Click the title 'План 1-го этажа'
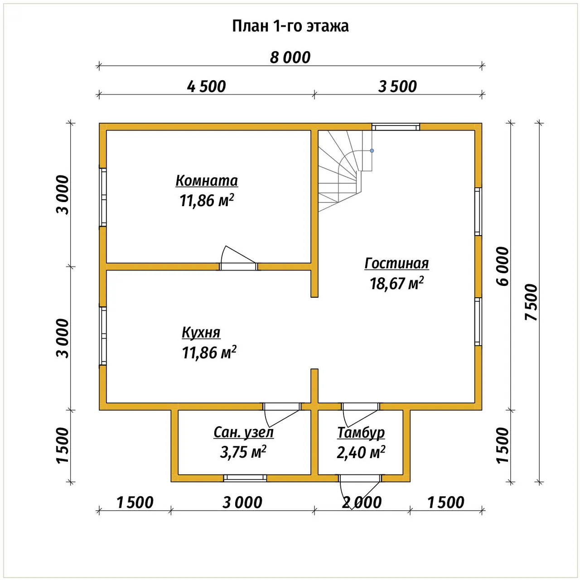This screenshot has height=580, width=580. (290, 26)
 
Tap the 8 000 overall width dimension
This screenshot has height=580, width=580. (290, 58)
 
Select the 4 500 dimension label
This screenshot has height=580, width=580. (206, 87)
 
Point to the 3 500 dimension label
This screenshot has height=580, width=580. (397, 87)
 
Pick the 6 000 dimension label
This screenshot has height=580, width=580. (503, 266)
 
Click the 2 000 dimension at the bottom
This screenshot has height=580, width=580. (362, 503)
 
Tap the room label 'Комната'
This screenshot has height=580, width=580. (207, 181)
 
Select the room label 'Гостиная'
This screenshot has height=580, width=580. (396, 263)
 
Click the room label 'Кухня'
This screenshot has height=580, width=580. (201, 333)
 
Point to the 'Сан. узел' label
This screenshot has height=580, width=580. (243, 433)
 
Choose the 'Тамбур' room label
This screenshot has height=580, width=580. (361, 433)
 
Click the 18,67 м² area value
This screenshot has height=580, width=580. (396, 283)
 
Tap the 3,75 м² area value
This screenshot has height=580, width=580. (243, 452)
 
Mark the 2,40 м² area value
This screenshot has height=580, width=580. (361, 452)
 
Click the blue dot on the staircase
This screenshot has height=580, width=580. (372, 150)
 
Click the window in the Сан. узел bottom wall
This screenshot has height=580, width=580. (245, 478)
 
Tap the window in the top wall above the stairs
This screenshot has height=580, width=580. (396, 127)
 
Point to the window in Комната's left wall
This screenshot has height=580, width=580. (103, 197)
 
